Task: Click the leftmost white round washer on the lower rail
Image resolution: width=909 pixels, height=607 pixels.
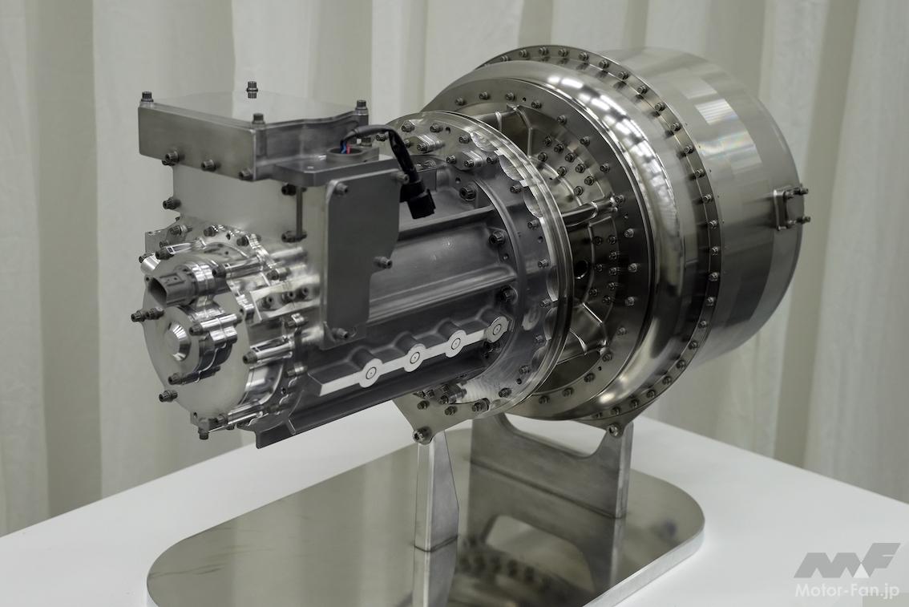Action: pyautogui.click(x=371, y=376)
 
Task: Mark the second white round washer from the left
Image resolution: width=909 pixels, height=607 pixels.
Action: pyautogui.click(x=414, y=359)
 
